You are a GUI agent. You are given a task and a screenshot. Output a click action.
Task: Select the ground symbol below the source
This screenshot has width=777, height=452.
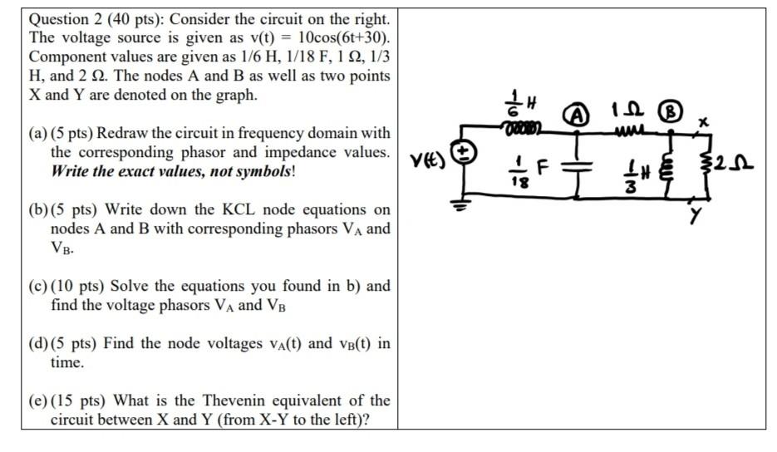point(463,204)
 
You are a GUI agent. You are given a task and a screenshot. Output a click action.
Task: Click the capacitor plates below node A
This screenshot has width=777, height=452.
point(576,164)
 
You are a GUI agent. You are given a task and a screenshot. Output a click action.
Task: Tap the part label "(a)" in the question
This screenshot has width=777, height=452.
point(38,134)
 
